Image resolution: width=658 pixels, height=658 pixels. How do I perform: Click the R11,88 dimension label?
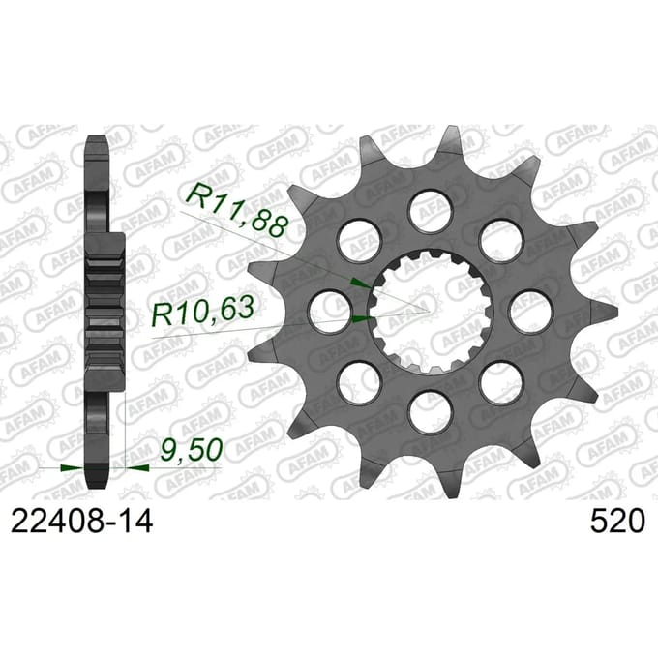click(x=238, y=210)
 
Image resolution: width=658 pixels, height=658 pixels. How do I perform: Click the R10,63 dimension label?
click(x=203, y=312)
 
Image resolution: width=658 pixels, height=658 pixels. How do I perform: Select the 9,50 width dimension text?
click(x=191, y=449)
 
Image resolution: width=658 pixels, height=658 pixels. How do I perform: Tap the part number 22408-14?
click(x=81, y=522)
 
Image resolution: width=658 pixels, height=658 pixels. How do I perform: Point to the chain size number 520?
click(x=616, y=522)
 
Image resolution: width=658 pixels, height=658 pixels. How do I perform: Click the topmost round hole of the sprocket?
click(x=432, y=211)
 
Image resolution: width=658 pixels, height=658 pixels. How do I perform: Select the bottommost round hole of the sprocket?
click(x=432, y=413)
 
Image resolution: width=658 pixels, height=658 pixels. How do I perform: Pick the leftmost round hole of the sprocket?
click(x=331, y=313)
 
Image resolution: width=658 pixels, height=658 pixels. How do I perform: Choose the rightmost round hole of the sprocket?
click(x=531, y=313)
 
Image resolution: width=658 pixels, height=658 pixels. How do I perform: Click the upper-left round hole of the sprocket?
click(x=361, y=240)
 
